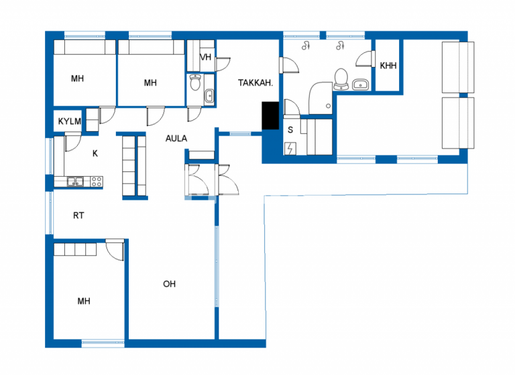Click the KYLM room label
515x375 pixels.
point(69,121)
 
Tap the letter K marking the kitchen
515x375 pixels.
point(95,153)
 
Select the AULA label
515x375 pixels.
point(176,139)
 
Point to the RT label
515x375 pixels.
point(78,216)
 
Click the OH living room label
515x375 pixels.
point(169,284)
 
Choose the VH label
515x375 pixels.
point(206,58)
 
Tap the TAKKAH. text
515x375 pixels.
point(255,84)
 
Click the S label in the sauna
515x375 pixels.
point(290,130)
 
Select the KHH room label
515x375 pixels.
point(388,66)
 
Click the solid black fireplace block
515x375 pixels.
point(271,115)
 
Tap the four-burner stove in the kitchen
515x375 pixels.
point(96,180)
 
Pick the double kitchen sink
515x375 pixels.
point(75,180)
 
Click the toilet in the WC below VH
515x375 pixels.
point(195,82)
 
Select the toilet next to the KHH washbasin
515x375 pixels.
point(341,78)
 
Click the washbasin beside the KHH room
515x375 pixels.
point(361,84)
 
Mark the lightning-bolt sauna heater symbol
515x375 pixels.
point(290,149)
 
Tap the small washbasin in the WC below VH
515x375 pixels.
point(209,96)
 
